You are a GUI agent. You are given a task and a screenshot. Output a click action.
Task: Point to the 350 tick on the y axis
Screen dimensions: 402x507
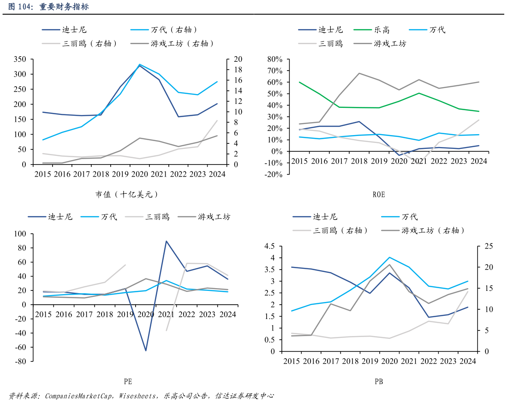(x=20, y=59)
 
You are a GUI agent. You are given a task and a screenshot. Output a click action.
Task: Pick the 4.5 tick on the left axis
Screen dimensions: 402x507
(x=269, y=247)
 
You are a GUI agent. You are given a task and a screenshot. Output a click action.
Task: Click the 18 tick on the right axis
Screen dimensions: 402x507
(x=238, y=70)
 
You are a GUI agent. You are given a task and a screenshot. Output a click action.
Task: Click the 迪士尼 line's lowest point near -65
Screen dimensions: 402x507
(x=146, y=351)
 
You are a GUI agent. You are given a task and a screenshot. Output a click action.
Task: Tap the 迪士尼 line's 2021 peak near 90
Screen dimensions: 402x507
(x=166, y=241)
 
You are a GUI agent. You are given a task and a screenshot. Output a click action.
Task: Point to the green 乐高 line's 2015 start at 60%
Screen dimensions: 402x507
(x=299, y=82)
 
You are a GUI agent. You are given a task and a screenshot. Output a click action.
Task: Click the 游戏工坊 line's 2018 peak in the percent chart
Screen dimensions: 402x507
(x=359, y=73)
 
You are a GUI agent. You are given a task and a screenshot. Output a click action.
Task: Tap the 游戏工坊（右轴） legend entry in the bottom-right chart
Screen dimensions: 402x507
(x=433, y=231)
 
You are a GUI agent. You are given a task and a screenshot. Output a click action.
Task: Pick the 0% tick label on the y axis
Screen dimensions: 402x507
(x=276, y=151)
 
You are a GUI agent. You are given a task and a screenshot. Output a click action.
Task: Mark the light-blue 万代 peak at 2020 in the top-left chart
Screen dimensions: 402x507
(x=139, y=65)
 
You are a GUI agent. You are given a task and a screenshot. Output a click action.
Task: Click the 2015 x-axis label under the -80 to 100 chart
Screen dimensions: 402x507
(x=43, y=314)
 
